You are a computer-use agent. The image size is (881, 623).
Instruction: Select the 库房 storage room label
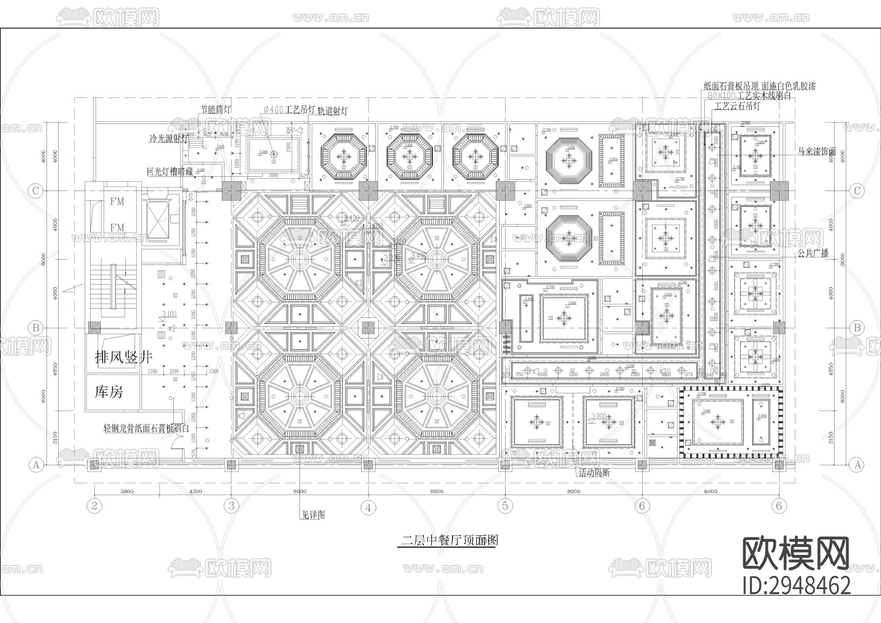coord(109,392)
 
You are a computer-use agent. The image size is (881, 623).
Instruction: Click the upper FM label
coord(116,201)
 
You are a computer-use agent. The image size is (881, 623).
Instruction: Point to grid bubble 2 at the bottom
coord(94,505)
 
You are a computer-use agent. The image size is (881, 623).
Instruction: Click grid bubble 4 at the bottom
coord(368,508)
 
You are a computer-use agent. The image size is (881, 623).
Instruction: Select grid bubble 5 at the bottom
coord(505,505)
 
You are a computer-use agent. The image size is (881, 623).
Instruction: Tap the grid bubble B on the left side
coord(35,328)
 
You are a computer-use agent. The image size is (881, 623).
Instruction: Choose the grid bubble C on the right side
coord(857,191)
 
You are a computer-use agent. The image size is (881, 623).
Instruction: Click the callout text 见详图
coord(313,515)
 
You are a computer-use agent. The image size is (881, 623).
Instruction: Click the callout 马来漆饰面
coord(817,152)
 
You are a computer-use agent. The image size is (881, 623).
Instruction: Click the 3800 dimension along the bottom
coord(126,491)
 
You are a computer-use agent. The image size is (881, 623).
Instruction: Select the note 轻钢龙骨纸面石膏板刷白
coord(146,428)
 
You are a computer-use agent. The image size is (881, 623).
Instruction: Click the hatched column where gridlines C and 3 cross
coord(232,191)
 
